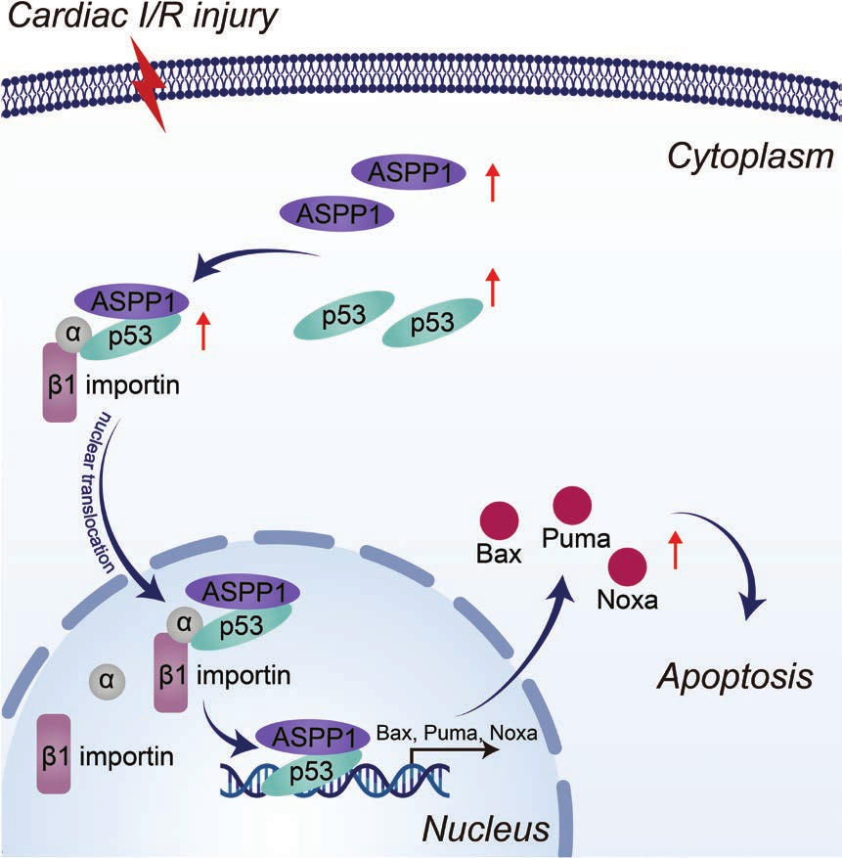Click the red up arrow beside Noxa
pos(675,551)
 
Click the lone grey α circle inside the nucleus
pos(107,677)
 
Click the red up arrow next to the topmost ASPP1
pos(492,182)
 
